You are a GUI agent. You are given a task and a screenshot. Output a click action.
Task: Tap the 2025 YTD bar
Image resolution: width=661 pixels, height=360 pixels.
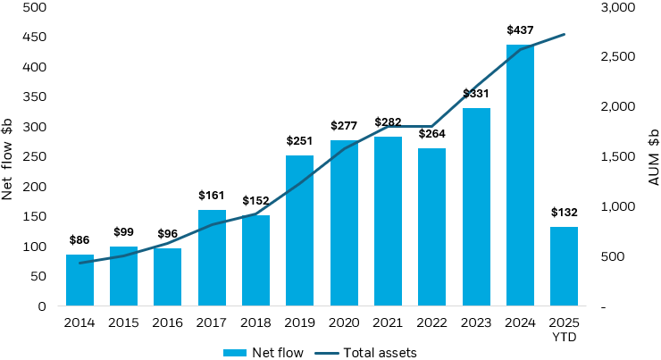tap(564, 266)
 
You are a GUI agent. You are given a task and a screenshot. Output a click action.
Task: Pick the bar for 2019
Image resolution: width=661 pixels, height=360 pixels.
tap(299, 230)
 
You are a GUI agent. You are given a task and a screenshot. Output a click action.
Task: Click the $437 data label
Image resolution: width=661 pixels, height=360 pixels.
tap(520, 31)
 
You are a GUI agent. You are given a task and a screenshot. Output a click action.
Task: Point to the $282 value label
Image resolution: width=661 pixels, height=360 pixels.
tap(388, 122)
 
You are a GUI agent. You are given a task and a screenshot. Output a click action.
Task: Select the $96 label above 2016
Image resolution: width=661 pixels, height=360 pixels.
tap(167, 234)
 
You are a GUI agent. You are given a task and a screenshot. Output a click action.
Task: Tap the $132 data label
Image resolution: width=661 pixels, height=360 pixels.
tap(564, 212)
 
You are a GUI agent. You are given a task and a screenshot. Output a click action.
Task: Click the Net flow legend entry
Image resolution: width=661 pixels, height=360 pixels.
tap(264, 352)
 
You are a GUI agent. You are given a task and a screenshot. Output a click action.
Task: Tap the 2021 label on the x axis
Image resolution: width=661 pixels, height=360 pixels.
tap(388, 322)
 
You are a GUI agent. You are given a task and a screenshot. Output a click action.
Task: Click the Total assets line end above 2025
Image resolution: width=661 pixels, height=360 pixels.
tap(564, 35)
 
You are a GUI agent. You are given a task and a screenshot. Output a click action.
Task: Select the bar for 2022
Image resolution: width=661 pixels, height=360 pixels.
tap(431, 227)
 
